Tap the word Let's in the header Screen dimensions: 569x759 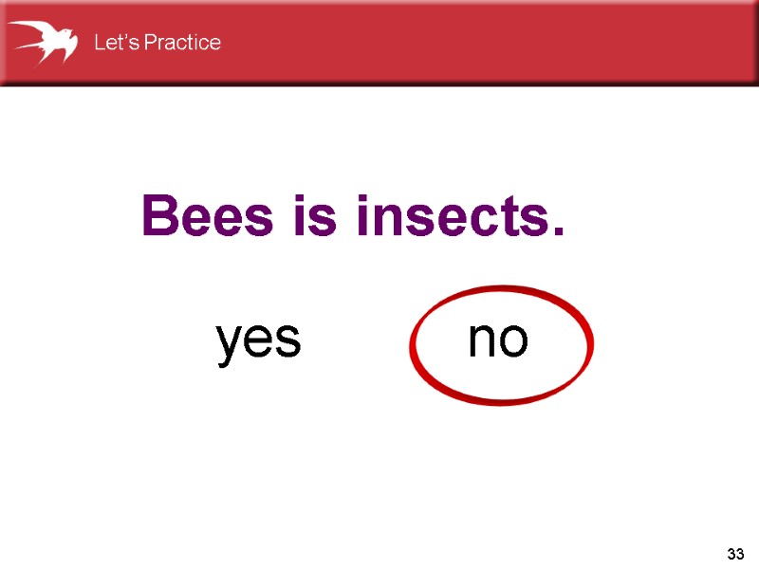click(116, 43)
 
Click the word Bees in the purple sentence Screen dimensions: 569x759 click(202, 216)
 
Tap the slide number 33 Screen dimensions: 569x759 click(735, 553)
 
